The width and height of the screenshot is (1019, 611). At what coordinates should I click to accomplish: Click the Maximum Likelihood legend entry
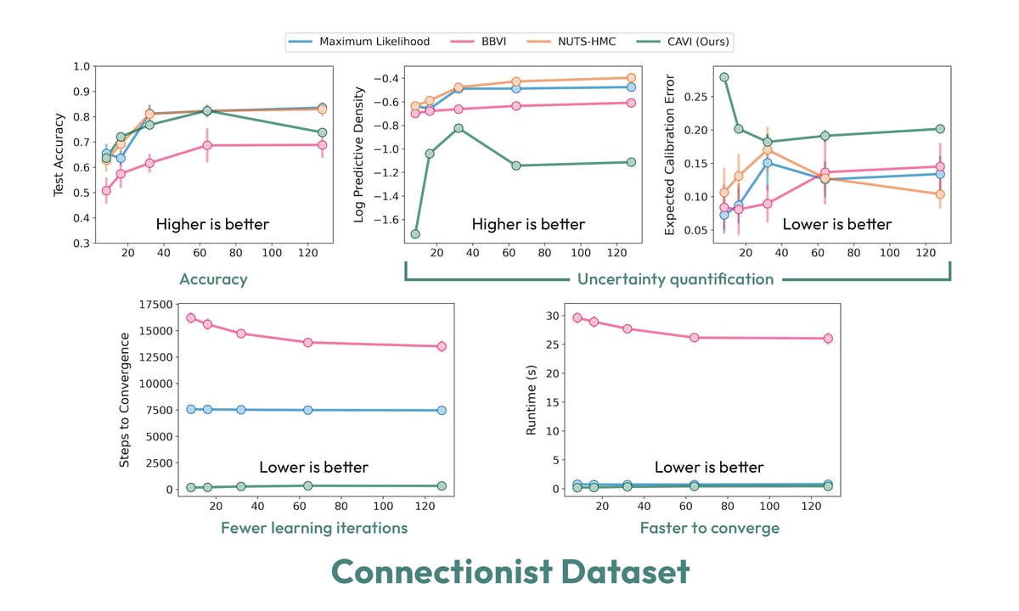374,42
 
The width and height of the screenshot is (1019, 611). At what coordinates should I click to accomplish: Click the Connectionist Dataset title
509,572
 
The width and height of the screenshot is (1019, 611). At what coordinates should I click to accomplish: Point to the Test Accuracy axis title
59,153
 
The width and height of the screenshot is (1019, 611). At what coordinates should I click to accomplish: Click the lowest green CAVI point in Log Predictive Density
415,234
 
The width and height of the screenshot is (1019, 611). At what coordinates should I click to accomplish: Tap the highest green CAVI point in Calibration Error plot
724,77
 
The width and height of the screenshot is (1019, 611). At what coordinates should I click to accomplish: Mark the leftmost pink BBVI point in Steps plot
191,318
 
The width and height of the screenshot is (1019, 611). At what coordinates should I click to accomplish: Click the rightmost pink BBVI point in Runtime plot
828,339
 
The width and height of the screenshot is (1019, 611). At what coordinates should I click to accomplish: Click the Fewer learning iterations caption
314,528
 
